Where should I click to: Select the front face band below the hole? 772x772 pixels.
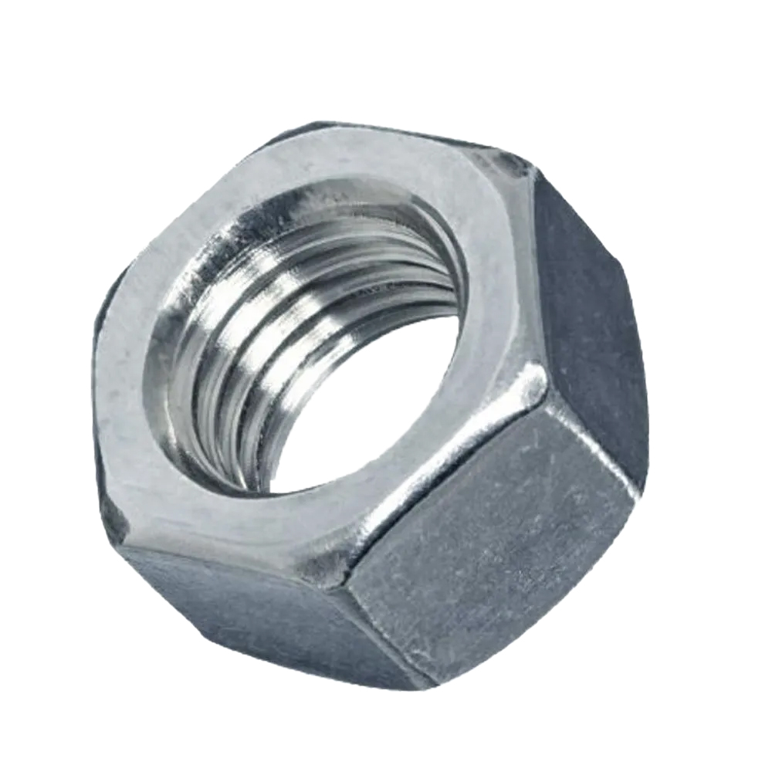point(293,525)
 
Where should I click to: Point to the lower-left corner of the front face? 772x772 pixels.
point(124,533)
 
